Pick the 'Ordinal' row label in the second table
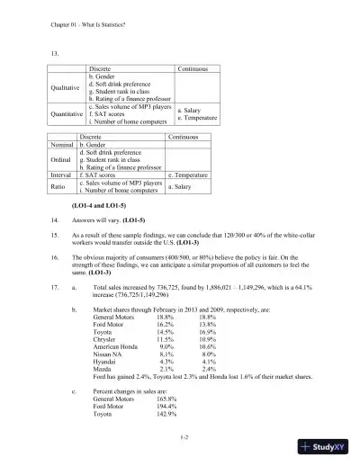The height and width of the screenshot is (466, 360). coord(61,159)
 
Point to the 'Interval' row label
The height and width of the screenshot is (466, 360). coord(61,175)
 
